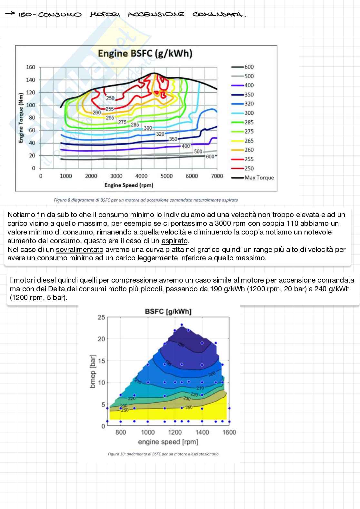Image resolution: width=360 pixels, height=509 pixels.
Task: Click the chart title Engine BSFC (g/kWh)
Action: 145,54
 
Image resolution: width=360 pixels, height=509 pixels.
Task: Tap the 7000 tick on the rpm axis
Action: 217,176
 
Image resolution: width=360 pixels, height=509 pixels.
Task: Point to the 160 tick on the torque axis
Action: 31,67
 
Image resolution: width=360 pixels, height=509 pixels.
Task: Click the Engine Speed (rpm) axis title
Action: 129,185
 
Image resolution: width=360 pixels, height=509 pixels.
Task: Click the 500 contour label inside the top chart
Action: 198,152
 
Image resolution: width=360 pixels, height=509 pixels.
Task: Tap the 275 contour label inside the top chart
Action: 122,122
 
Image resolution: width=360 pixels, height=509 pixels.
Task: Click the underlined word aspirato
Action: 175,241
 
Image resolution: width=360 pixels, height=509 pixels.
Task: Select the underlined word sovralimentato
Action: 80,250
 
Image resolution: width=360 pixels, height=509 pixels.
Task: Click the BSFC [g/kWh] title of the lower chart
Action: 168,312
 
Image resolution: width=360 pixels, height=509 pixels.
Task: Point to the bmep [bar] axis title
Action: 93,372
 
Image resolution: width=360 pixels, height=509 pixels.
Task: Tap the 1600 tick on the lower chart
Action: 229,432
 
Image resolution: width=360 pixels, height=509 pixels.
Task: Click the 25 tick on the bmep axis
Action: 101,317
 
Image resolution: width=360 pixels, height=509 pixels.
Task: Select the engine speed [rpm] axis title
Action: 168,442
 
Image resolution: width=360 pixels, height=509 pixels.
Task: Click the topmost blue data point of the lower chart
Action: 182,325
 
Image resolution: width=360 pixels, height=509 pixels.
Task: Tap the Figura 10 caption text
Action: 163,454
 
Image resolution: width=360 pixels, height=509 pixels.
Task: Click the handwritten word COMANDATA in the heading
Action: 218,15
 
